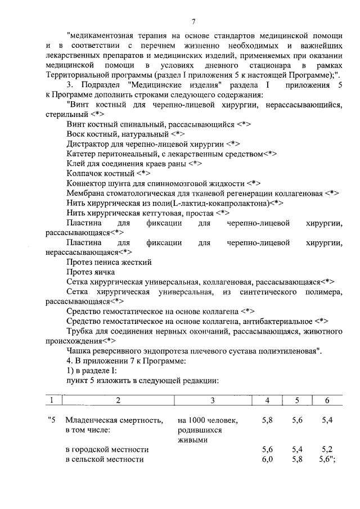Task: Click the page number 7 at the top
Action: pos(193,22)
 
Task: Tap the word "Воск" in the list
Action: pos(75,134)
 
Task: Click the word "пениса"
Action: pos(105,262)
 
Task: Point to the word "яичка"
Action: pos(104,272)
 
